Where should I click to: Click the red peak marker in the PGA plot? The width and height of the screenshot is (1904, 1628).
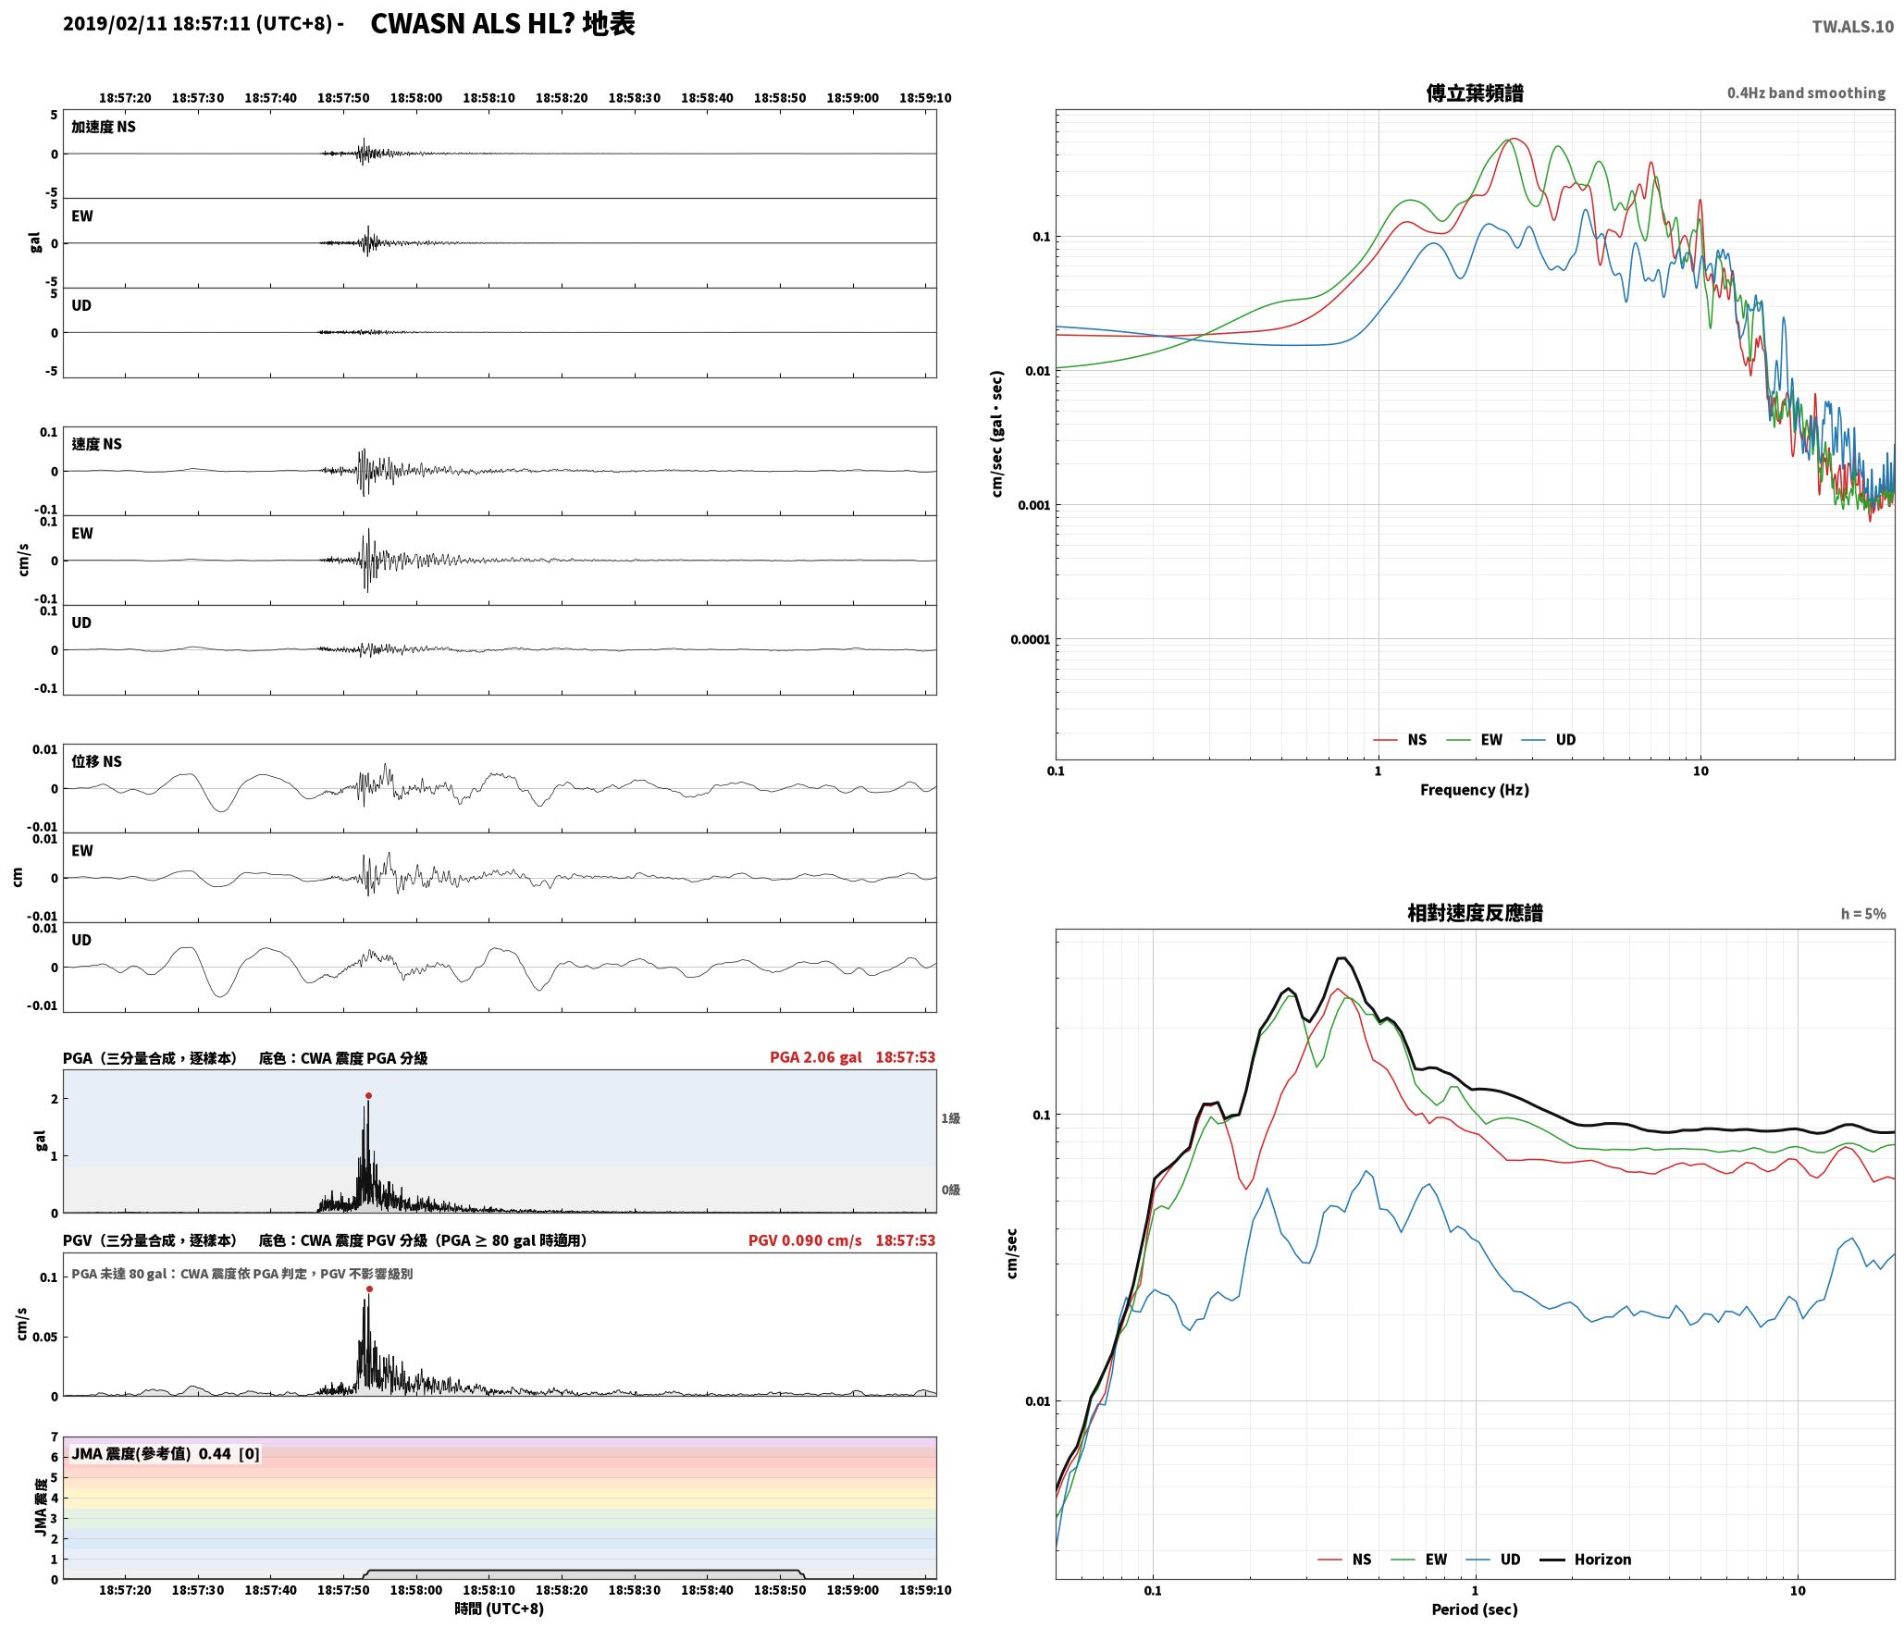tap(368, 1095)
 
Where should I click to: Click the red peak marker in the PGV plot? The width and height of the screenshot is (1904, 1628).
tap(369, 1289)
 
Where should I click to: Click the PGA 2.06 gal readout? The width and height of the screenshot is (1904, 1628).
tap(815, 1057)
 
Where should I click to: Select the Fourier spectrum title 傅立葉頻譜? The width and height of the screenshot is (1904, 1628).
tap(1475, 92)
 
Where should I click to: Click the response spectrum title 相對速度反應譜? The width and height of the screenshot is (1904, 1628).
tap(1475, 913)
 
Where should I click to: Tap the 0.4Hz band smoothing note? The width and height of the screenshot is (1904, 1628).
tap(1806, 92)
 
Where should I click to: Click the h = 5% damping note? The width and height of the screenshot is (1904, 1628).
tap(1862, 914)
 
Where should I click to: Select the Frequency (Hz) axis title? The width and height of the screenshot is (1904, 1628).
tap(1475, 790)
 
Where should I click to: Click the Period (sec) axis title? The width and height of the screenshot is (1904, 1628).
tap(1475, 1609)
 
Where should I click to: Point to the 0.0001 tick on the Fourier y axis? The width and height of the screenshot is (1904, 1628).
tap(1028, 639)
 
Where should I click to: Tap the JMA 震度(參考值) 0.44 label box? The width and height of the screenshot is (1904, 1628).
tap(166, 1454)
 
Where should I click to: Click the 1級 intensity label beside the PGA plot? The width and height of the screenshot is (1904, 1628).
tap(950, 1118)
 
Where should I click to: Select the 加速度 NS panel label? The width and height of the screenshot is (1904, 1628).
tap(104, 127)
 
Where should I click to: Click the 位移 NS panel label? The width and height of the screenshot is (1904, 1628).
tap(96, 761)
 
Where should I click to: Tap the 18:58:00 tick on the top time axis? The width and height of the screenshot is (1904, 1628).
tap(415, 98)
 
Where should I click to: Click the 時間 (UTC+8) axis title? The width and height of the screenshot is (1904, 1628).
tap(499, 1609)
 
